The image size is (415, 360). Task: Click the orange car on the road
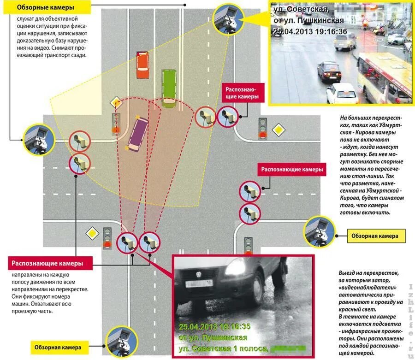(142, 65)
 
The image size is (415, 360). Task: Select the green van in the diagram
(169, 88)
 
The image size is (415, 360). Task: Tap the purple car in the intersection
(138, 134)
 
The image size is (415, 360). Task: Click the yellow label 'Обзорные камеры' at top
(46, 8)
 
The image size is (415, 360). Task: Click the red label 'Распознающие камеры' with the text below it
(48, 263)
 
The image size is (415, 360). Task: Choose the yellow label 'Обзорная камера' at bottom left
(58, 347)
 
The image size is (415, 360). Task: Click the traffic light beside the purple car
(117, 123)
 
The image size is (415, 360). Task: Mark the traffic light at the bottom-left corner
(108, 238)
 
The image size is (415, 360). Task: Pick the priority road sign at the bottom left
(94, 234)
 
